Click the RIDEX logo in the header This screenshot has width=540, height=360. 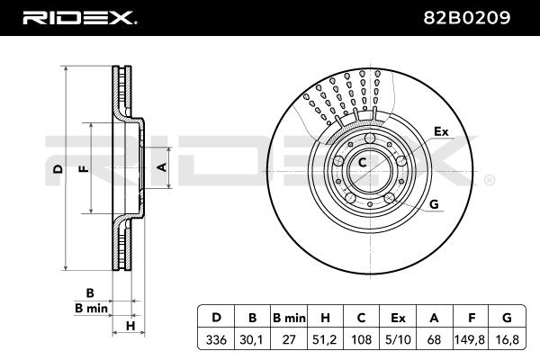coord(79,18)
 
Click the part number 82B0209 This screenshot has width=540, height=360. coord(466,18)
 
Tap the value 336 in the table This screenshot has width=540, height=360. coord(216,339)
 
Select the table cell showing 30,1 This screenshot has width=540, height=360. coord(252,339)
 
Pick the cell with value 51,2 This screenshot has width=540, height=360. coord(324,339)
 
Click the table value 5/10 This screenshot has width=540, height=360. coord(398,339)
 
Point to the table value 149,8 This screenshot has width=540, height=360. coord(470,339)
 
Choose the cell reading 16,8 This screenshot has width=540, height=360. coord(507,339)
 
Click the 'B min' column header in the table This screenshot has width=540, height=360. coord(289,318)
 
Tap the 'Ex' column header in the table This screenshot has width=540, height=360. coord(398,318)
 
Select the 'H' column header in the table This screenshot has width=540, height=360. coord(325,318)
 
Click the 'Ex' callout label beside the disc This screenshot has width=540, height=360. coord(441,131)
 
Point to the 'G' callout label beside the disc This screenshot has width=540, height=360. coord(435,204)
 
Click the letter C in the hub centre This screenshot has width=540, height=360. coord(362,162)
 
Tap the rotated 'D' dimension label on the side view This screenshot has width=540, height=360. coord(59,169)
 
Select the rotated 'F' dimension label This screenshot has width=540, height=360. coord(85,169)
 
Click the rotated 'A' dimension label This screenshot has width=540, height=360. coord(162,167)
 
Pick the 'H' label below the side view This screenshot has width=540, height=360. coord(130,326)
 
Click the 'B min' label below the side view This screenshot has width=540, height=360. coord(91,309)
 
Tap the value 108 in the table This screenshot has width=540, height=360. coord(361,339)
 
